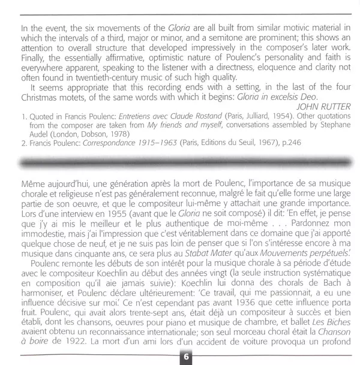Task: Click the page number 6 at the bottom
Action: [186, 357]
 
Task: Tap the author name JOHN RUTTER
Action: [316, 107]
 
